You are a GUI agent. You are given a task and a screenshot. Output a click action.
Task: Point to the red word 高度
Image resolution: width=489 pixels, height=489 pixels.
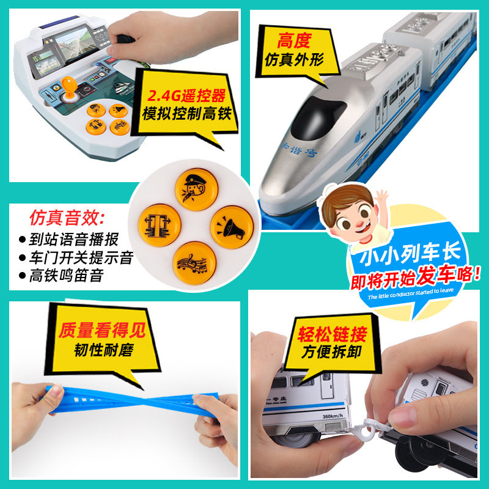[x=294, y=42]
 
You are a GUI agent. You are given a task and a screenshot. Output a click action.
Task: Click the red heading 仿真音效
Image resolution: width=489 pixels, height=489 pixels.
[x=67, y=218]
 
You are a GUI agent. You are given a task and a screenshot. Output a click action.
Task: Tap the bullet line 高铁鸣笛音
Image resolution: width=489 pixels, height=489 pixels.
[x=65, y=275]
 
